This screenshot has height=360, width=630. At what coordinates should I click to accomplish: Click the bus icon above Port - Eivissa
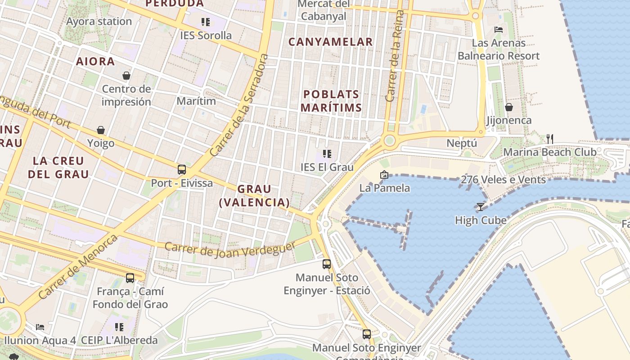182,170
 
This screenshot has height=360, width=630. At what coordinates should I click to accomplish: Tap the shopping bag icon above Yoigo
101,130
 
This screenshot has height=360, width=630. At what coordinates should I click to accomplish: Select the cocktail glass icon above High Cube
480,207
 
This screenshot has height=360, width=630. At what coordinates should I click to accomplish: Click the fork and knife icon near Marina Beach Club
549,139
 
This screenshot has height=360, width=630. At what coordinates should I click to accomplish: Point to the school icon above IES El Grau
327,154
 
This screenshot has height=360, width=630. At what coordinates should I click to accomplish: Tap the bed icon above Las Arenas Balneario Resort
499,30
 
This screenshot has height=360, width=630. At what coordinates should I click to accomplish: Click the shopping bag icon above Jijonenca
509,107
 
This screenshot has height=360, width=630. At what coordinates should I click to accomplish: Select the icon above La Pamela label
384,175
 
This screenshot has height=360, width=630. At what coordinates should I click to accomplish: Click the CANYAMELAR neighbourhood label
330,42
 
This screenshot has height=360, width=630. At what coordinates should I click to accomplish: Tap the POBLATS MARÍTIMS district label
331,101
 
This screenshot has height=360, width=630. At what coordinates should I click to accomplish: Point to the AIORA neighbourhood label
95,62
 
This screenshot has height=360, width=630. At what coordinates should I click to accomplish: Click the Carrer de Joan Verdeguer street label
229,249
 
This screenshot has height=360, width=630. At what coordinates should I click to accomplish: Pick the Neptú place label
461,143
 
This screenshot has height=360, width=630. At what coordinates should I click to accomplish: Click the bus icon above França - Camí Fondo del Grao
130,278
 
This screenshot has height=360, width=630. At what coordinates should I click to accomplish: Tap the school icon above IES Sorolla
206,22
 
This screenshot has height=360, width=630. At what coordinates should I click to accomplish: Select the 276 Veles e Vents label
503,180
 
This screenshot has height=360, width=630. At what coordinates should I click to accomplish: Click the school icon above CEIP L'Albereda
119,327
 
